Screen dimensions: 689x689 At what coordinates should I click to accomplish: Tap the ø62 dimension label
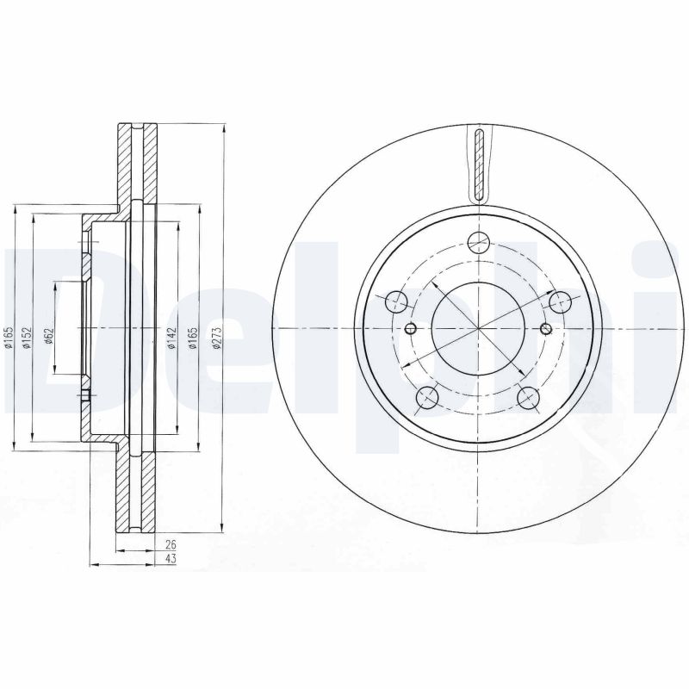(50, 337)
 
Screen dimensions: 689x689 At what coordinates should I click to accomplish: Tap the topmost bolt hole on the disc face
(478, 242)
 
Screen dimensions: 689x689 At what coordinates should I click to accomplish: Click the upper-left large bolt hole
(394, 301)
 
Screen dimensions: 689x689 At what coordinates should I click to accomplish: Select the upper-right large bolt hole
(561, 301)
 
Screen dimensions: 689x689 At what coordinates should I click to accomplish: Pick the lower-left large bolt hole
(425, 397)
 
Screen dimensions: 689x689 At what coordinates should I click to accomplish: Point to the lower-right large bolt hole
(529, 397)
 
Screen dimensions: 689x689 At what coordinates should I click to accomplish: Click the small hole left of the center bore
(410, 328)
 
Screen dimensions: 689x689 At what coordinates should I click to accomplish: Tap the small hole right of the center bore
(544, 328)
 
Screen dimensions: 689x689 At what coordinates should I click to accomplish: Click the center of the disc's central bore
(477, 328)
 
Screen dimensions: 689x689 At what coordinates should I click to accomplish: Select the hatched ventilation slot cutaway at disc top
(478, 164)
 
